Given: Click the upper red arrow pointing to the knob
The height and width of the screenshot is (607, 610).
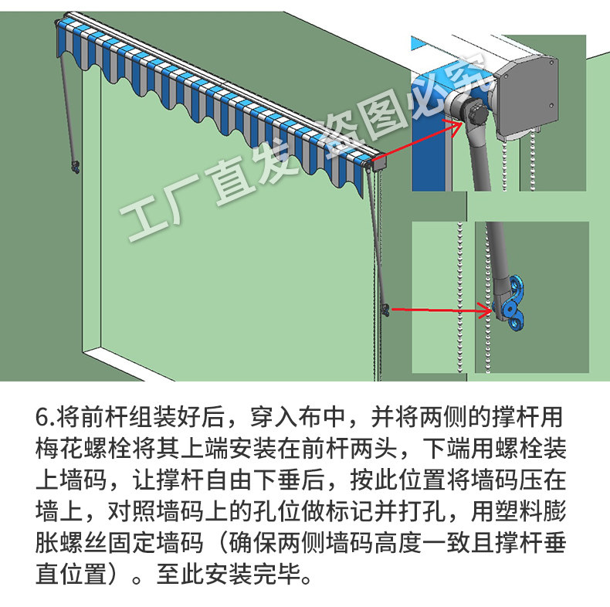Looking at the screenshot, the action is point(417,139).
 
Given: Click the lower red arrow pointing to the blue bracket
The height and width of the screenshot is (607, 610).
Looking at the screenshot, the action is point(440,310).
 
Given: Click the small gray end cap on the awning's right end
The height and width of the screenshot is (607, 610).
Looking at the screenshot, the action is point(378,163).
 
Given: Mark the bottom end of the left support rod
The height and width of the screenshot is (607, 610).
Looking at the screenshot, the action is point(75,165).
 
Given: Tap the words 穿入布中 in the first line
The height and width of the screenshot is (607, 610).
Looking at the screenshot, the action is point(296,418).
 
